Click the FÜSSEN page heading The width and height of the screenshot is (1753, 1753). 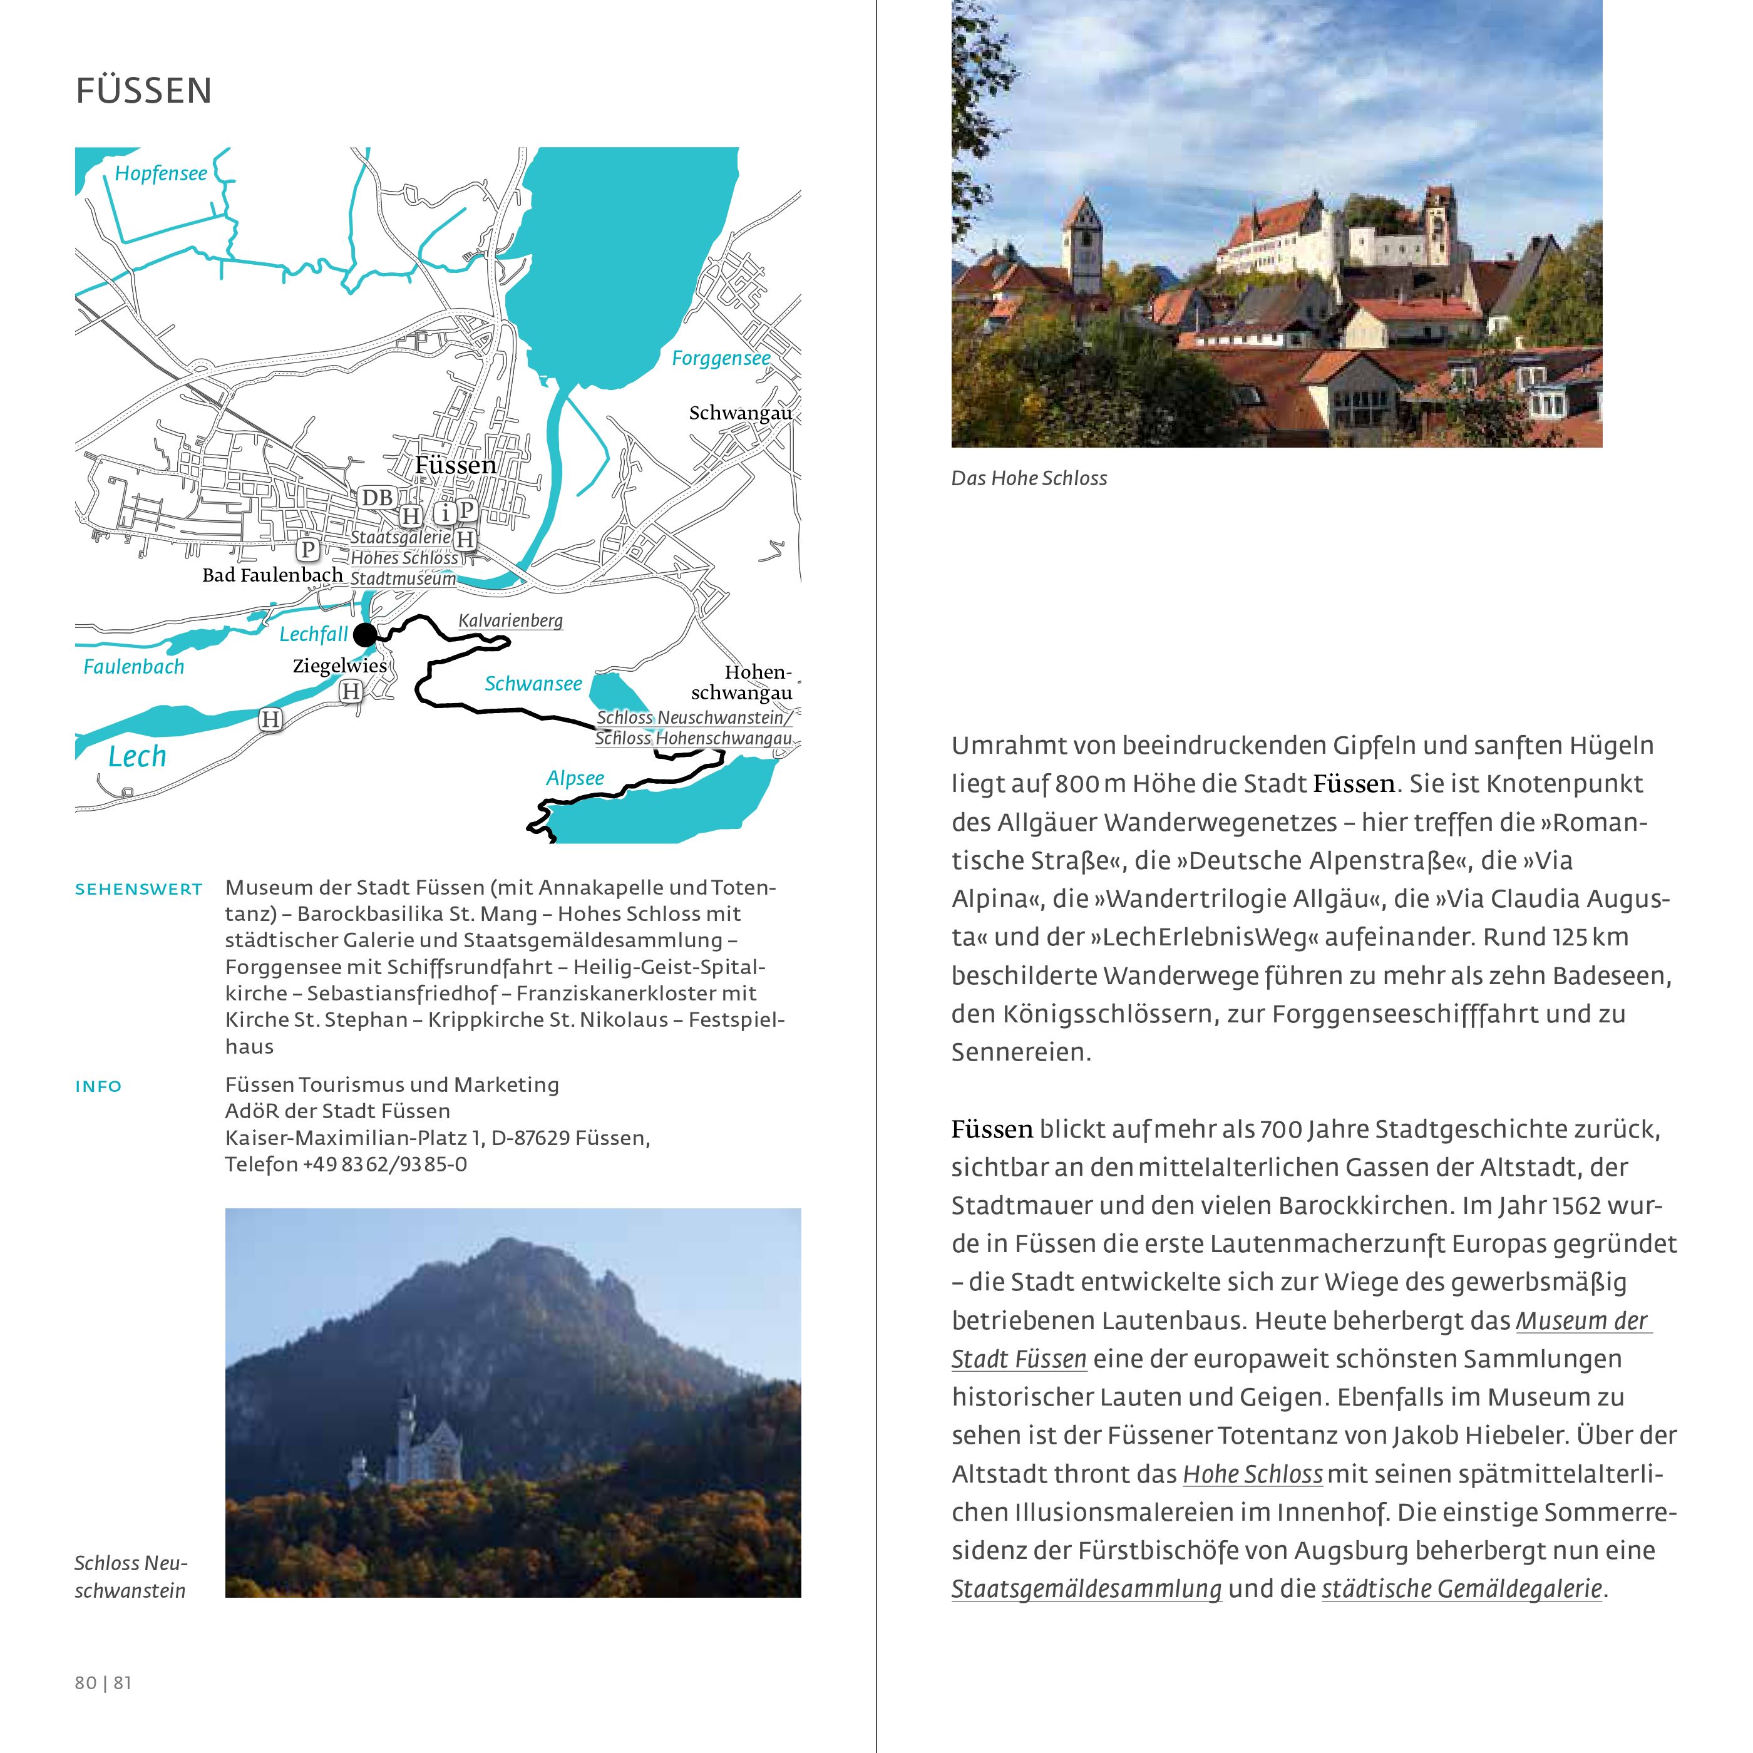point(143,91)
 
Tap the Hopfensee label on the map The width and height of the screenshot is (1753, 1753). point(161,173)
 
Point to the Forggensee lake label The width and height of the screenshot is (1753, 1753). point(721,358)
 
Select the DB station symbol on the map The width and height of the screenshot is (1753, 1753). point(376,497)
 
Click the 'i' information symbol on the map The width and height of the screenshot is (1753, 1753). point(445,513)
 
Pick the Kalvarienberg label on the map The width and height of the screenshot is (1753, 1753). point(510,620)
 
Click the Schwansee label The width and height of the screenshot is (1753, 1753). point(533,683)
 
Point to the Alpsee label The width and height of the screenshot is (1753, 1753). point(574,778)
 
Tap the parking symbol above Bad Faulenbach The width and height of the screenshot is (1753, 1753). point(307,550)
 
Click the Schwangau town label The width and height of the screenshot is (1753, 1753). point(739,413)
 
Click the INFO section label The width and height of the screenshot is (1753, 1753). point(98,1086)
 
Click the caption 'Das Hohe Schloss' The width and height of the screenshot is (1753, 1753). point(1029,478)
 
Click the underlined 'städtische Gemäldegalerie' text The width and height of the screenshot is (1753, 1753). point(1462,1590)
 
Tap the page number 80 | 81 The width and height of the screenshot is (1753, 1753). point(103,1683)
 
